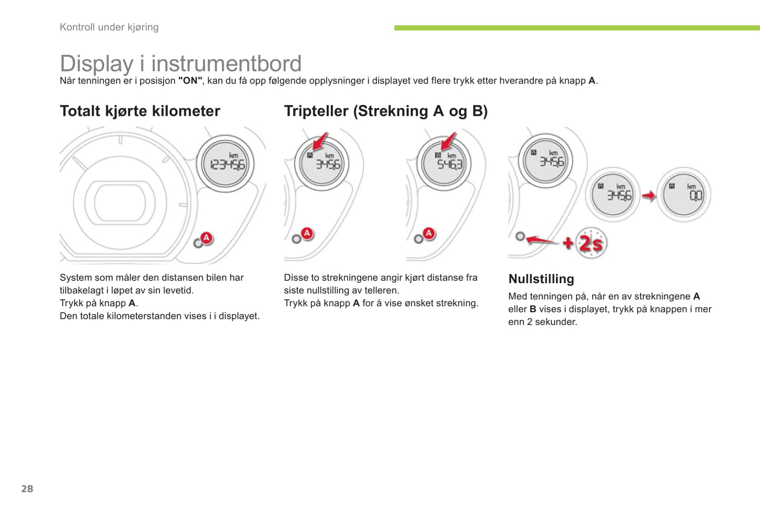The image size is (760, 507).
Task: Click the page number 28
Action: coord(27,489)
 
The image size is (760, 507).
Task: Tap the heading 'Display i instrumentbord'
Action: coord(180,64)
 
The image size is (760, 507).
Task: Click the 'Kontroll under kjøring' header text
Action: coord(109,27)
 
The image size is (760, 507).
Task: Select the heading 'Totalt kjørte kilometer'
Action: coord(140,111)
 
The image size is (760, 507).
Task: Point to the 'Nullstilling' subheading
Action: coord(541,279)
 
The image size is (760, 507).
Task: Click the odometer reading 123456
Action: coord(227,165)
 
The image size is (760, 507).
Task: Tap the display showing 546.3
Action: coord(444,164)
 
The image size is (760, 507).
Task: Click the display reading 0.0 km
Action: coord(684,195)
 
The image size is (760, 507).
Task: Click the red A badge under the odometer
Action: coord(206,238)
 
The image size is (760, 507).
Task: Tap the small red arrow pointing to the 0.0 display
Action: coord(648,196)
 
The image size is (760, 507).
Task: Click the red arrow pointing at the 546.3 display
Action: coord(448,141)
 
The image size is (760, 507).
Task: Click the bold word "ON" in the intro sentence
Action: coord(190,81)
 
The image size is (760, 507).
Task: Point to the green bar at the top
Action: coord(577,28)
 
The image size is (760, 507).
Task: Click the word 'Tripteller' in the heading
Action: coord(316,111)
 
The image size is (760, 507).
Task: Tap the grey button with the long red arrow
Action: coord(520,236)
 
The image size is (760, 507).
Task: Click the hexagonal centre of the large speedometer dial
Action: coord(120,202)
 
